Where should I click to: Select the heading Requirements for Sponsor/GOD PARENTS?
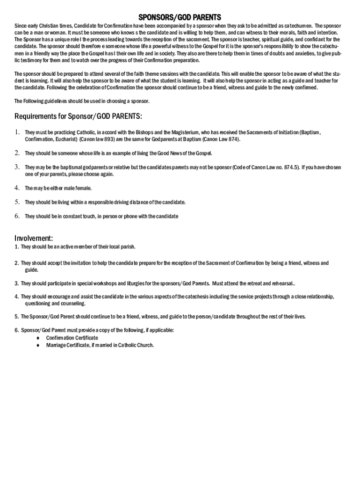78,116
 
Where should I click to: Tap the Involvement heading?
34,238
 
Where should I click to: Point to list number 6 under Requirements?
17,216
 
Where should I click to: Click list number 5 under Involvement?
16,317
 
